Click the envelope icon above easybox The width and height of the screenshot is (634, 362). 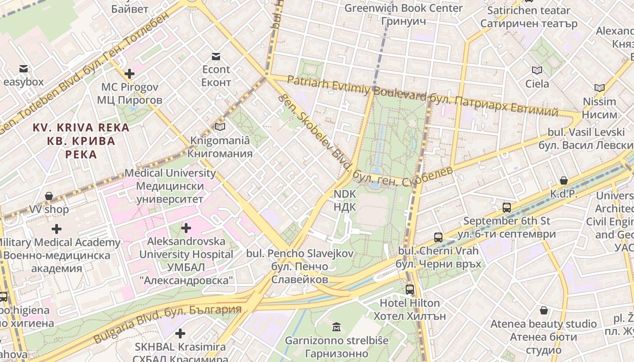pyautogui.click(x=23, y=69)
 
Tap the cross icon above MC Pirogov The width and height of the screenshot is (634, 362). pyautogui.click(x=130, y=73)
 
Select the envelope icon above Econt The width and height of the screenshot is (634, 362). pyautogui.click(x=216, y=57)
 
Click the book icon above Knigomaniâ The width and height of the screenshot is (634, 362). pyautogui.click(x=220, y=127)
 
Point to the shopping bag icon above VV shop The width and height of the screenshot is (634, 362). pyautogui.click(x=49, y=196)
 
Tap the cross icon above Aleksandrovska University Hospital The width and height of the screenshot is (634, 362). pyautogui.click(x=186, y=228)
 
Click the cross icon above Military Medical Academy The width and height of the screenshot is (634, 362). pyautogui.click(x=57, y=229)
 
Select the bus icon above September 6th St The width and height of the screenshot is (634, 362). pyautogui.click(x=506, y=208)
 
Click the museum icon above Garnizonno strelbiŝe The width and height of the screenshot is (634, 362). pyautogui.click(x=336, y=327)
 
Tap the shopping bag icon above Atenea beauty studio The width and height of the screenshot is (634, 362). pyautogui.click(x=544, y=310)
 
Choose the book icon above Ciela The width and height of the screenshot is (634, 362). pyautogui.click(x=537, y=70)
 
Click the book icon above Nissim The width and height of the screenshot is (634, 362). pyautogui.click(x=599, y=88)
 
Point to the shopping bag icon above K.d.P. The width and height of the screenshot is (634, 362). pyautogui.click(x=563, y=181)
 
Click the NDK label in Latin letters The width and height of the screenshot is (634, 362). pyautogui.click(x=345, y=194)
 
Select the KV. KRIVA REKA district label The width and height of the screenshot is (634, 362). pyautogui.click(x=81, y=128)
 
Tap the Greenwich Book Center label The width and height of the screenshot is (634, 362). pyautogui.click(x=403, y=8)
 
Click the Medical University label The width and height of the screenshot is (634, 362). pyautogui.click(x=170, y=173)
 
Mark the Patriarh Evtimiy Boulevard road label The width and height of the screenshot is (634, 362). pyautogui.click(x=356, y=87)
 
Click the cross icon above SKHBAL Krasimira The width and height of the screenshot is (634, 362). pyautogui.click(x=180, y=333)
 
